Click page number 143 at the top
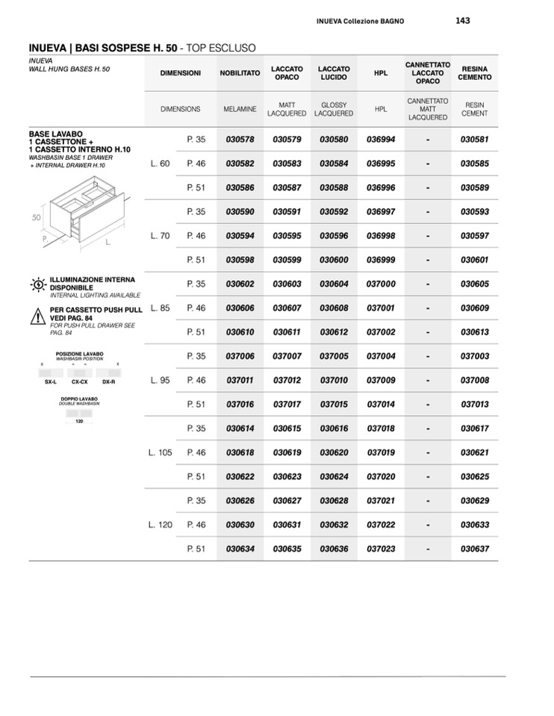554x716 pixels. coord(462,21)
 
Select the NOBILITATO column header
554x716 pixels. coord(240,73)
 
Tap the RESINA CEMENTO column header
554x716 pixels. coord(476,73)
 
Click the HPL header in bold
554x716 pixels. coord(381,73)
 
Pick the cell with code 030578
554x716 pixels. coord(240,140)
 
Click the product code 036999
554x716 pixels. coord(381,260)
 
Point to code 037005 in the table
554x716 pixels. coord(334,356)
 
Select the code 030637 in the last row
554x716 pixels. coord(475,549)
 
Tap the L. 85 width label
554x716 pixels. coord(161,308)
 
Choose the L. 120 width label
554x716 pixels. coord(161,525)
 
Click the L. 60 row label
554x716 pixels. coord(161,164)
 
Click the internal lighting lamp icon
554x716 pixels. coord(38,285)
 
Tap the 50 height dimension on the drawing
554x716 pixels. coord(35,217)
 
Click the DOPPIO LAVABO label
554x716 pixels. coord(79,399)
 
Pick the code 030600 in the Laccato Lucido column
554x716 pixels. coord(334,260)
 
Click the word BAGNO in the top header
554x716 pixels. coord(390,22)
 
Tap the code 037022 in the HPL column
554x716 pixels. coord(381,525)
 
